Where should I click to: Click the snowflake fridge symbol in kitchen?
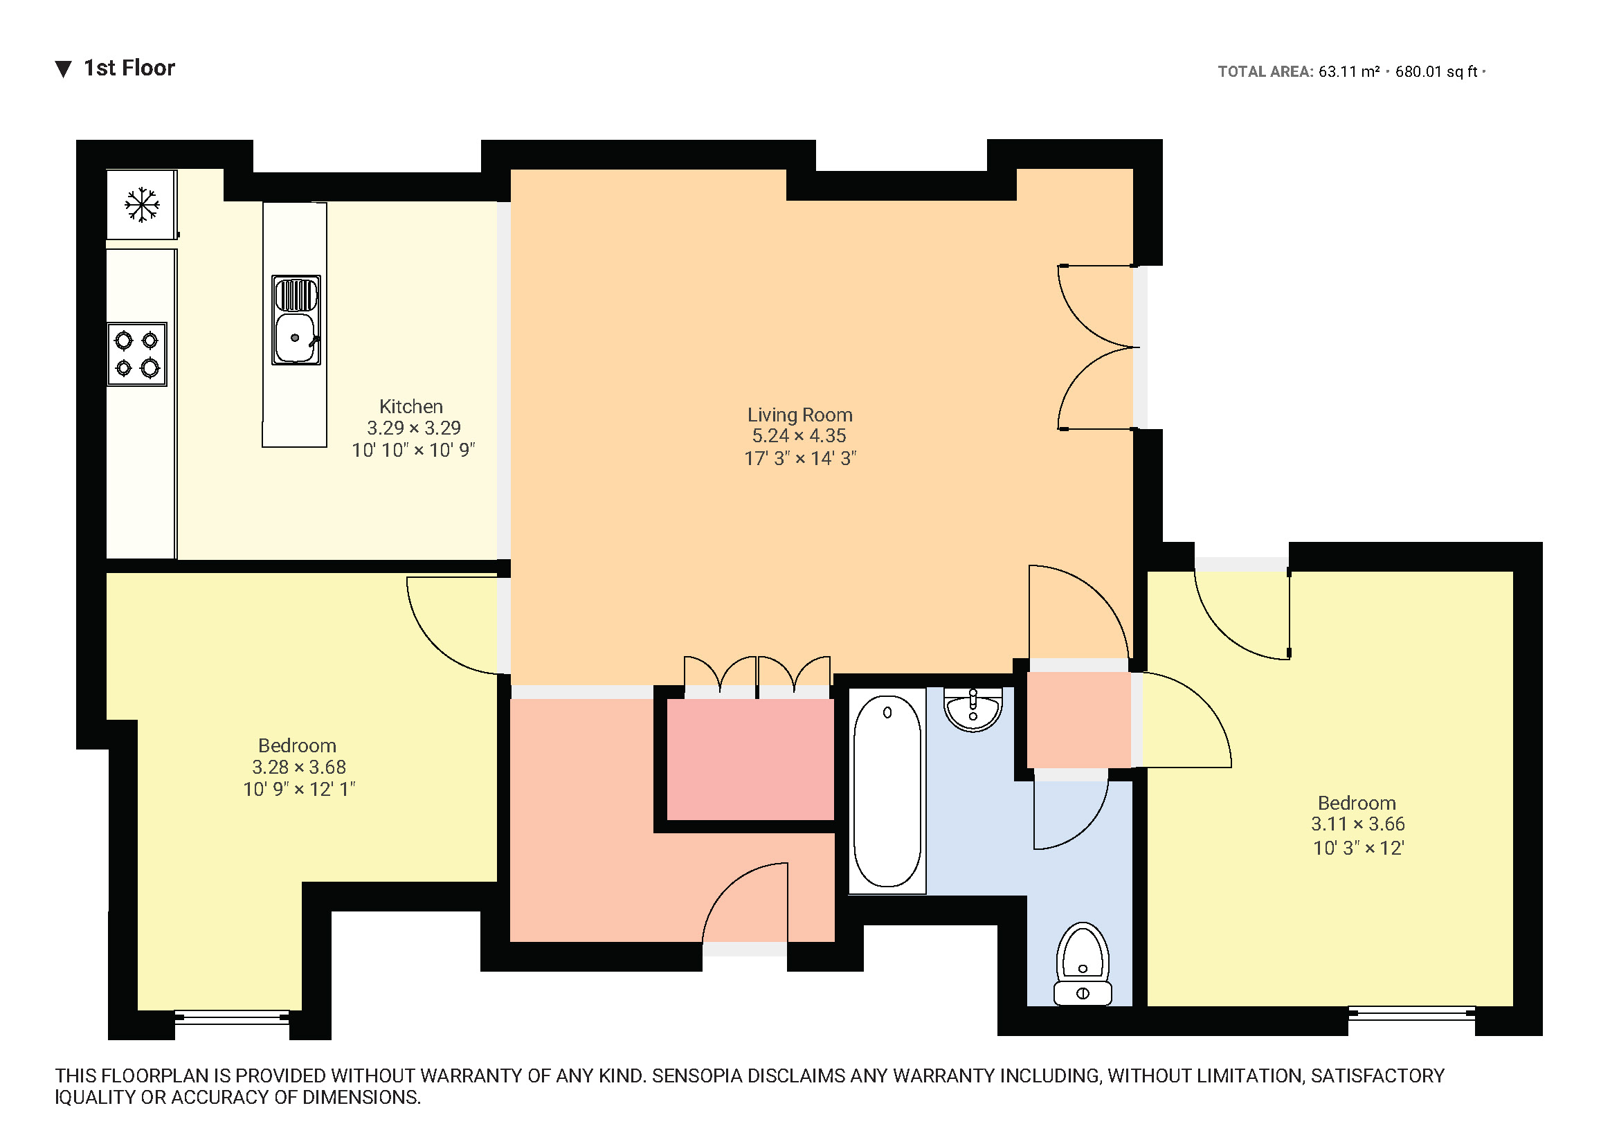(142, 205)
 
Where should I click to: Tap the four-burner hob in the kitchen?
(137, 354)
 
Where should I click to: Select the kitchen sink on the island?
(296, 320)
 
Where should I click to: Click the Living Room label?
(799, 415)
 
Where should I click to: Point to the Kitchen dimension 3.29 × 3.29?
(413, 428)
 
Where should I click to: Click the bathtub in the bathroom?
(887, 790)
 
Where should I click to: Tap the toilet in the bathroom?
(1083, 964)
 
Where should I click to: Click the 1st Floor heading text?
(129, 69)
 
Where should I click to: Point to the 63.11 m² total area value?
(1348, 72)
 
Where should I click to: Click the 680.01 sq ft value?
(1436, 72)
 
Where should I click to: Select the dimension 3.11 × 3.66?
(1357, 824)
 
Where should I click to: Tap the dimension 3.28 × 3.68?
(299, 767)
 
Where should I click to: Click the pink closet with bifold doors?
(750, 759)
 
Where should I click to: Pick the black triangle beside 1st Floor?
(64, 69)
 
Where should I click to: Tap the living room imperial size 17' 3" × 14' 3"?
(799, 458)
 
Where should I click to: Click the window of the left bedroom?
(232, 1017)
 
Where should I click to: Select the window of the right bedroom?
(1411, 1014)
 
